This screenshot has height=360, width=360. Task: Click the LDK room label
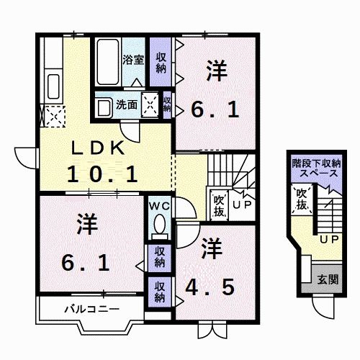[x=98, y=149]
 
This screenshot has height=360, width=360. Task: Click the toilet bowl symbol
[x=159, y=225]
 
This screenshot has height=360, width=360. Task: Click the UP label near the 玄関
[x=329, y=239]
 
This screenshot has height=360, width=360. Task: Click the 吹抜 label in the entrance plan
[x=302, y=200]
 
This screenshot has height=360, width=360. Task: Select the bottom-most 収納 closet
[x=159, y=292]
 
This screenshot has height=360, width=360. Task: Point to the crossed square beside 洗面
[x=151, y=104]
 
